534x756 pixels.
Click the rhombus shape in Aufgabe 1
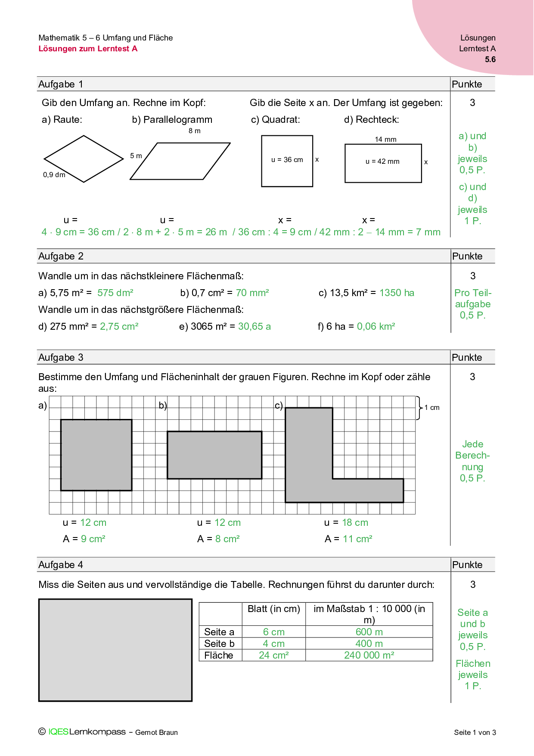coord(84,159)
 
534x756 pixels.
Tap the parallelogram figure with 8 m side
coord(180,161)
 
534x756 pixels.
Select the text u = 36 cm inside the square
coord(287,160)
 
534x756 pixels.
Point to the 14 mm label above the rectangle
coord(385,139)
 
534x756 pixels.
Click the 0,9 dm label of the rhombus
coord(54,175)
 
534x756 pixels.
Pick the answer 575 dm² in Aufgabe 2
coord(115,293)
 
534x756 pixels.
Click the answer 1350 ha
coord(397,293)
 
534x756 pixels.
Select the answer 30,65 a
coord(254,327)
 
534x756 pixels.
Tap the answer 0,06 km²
coord(376,327)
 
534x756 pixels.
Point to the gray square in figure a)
coord(96,455)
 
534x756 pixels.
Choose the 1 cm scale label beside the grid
coord(432,408)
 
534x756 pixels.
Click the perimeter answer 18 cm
coord(355,523)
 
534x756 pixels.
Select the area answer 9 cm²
coord(93,539)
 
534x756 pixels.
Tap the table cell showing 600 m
coord(369,632)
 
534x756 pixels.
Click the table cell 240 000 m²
coord(369,655)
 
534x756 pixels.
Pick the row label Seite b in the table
coord(219,644)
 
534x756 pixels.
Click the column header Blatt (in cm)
coord(273,609)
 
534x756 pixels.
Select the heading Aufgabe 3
coord(61,357)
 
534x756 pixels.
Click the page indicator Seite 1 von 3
coord(475,732)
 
